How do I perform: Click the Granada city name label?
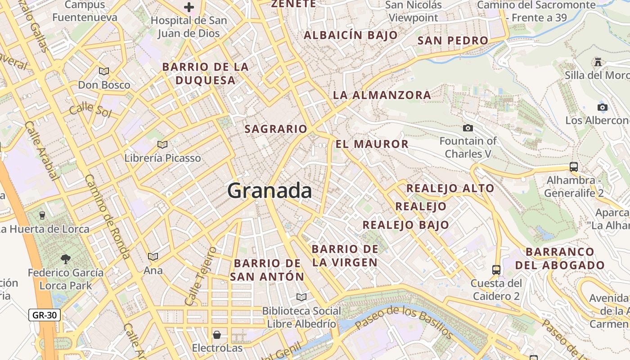270,191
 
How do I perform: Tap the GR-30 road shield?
45,315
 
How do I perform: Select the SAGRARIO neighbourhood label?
276,129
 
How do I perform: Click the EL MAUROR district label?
372,144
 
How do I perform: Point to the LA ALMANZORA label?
382,95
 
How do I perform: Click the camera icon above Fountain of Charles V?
468,128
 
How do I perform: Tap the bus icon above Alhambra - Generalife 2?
574,166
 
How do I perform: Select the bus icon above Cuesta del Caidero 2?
496,270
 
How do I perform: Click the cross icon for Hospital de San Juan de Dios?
189,7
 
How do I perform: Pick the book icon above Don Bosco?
104,71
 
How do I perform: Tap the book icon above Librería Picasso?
162,144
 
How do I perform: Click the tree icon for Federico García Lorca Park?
66,259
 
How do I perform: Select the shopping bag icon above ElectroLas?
217,335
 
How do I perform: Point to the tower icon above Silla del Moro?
598,62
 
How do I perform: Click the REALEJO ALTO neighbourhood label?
450,189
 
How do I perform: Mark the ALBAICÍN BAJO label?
351,35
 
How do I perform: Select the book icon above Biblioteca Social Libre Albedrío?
301,297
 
